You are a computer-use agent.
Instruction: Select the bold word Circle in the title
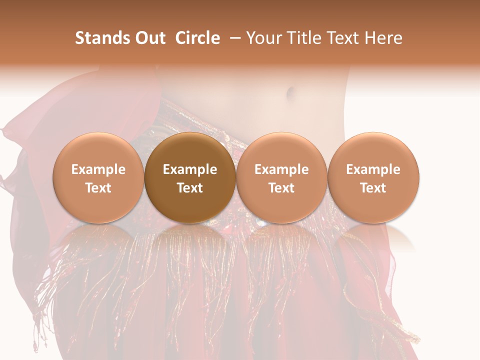[x=197, y=38]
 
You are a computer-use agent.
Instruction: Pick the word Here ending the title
[x=384, y=38]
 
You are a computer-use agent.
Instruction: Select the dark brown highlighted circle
[x=190, y=178]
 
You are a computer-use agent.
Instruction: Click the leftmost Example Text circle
[x=98, y=178]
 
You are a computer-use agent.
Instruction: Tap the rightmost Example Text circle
[x=373, y=178]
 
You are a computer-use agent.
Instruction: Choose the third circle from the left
[x=281, y=178]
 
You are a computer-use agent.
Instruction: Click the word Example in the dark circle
[x=190, y=169]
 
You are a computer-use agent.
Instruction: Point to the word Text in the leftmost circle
[x=98, y=188]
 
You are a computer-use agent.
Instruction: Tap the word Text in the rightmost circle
[x=373, y=188]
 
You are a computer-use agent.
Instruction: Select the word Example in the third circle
[x=281, y=169]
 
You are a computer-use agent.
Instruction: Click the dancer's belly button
[x=289, y=92]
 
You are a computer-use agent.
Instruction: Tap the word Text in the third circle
[x=281, y=188]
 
